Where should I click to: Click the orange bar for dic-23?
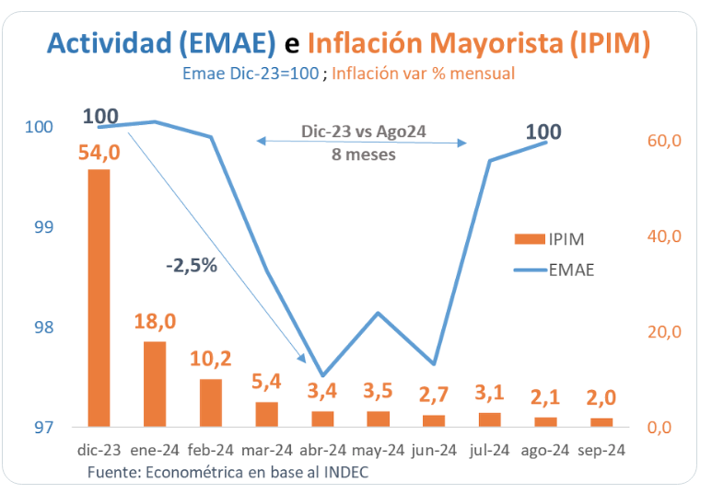(99, 298)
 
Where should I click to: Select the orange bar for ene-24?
(155, 384)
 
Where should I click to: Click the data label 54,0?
(99, 153)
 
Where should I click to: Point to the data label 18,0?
(155, 322)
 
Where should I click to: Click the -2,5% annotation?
(192, 266)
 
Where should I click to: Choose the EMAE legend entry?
(554, 269)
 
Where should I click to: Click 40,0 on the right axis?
(663, 236)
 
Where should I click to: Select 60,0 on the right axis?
(663, 141)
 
